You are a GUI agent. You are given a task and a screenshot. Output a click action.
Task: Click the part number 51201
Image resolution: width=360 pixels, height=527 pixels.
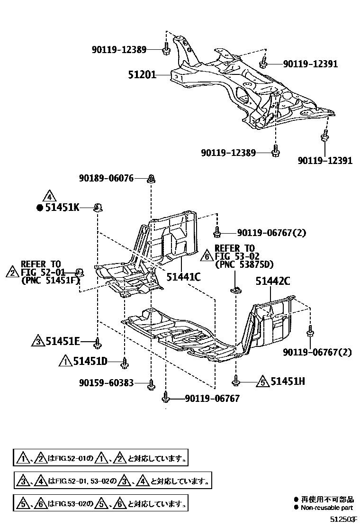point(143,74)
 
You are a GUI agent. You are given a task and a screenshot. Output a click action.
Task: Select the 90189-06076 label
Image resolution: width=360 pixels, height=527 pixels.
point(106,178)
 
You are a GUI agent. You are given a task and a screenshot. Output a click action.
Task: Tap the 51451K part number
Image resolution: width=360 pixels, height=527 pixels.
point(63,207)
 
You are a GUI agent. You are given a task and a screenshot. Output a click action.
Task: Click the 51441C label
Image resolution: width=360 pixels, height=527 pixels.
point(183,276)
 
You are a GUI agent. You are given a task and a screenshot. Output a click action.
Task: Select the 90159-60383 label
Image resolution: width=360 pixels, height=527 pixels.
point(106,382)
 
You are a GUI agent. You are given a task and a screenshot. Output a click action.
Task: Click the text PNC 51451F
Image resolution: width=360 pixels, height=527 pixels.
point(50,281)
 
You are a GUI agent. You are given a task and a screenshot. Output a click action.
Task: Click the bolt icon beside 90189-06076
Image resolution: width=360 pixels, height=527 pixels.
point(151,179)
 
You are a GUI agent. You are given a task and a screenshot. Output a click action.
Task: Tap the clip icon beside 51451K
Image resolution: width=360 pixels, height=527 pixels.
point(99,207)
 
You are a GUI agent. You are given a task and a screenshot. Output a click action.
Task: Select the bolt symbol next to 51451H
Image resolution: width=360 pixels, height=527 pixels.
point(236,380)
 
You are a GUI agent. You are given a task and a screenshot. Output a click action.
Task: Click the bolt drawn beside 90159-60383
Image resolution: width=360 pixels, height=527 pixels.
point(151,383)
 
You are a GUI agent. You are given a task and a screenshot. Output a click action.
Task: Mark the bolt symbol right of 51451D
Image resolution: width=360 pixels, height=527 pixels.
point(125,363)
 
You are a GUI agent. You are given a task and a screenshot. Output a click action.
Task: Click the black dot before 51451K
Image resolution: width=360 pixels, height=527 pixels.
point(40,208)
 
